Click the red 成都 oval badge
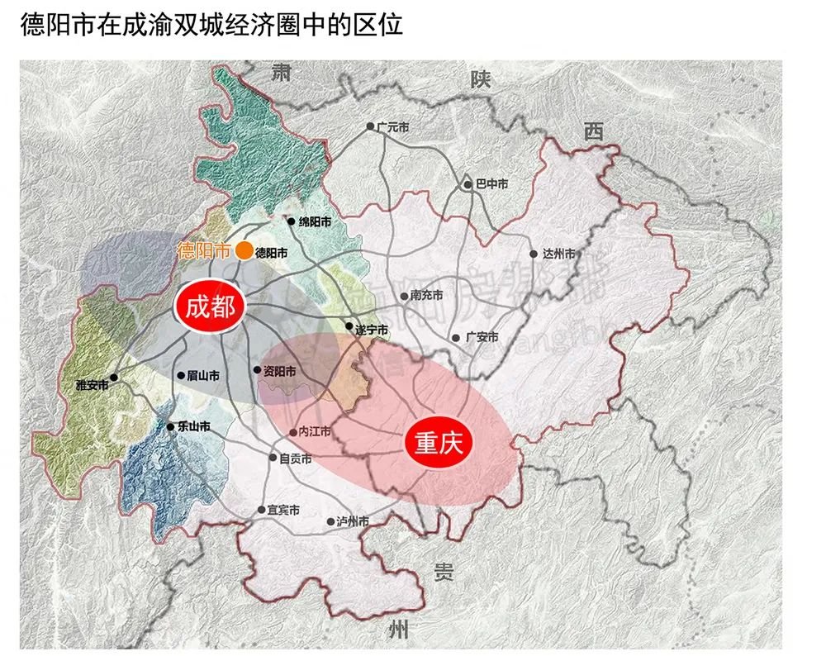210,307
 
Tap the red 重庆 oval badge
438,444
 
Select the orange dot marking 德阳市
244,251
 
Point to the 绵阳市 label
315,222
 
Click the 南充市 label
426,295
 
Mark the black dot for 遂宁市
349,326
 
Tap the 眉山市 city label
203,375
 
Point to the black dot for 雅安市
114,378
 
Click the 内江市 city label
314,431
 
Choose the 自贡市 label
296,459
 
